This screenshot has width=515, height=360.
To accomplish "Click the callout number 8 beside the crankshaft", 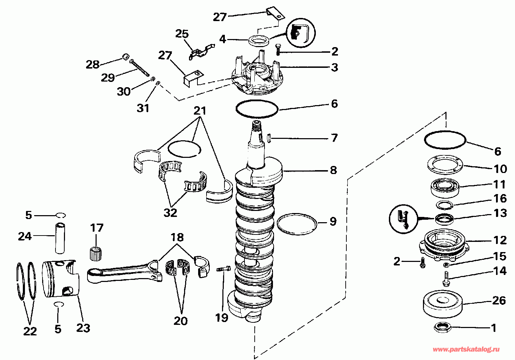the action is click(x=333, y=170).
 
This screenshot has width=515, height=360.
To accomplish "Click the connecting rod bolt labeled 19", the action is click(x=223, y=269).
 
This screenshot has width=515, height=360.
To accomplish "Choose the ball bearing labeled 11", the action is click(x=445, y=188).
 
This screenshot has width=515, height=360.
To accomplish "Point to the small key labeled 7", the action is click(x=268, y=139).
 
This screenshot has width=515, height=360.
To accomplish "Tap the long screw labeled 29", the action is click(x=139, y=68).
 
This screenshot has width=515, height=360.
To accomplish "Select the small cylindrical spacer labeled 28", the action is click(x=125, y=56).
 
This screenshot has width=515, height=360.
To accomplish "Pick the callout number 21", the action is click(x=200, y=111).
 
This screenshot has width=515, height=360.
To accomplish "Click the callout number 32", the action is click(x=170, y=213).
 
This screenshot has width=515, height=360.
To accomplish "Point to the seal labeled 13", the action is click(x=444, y=219).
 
